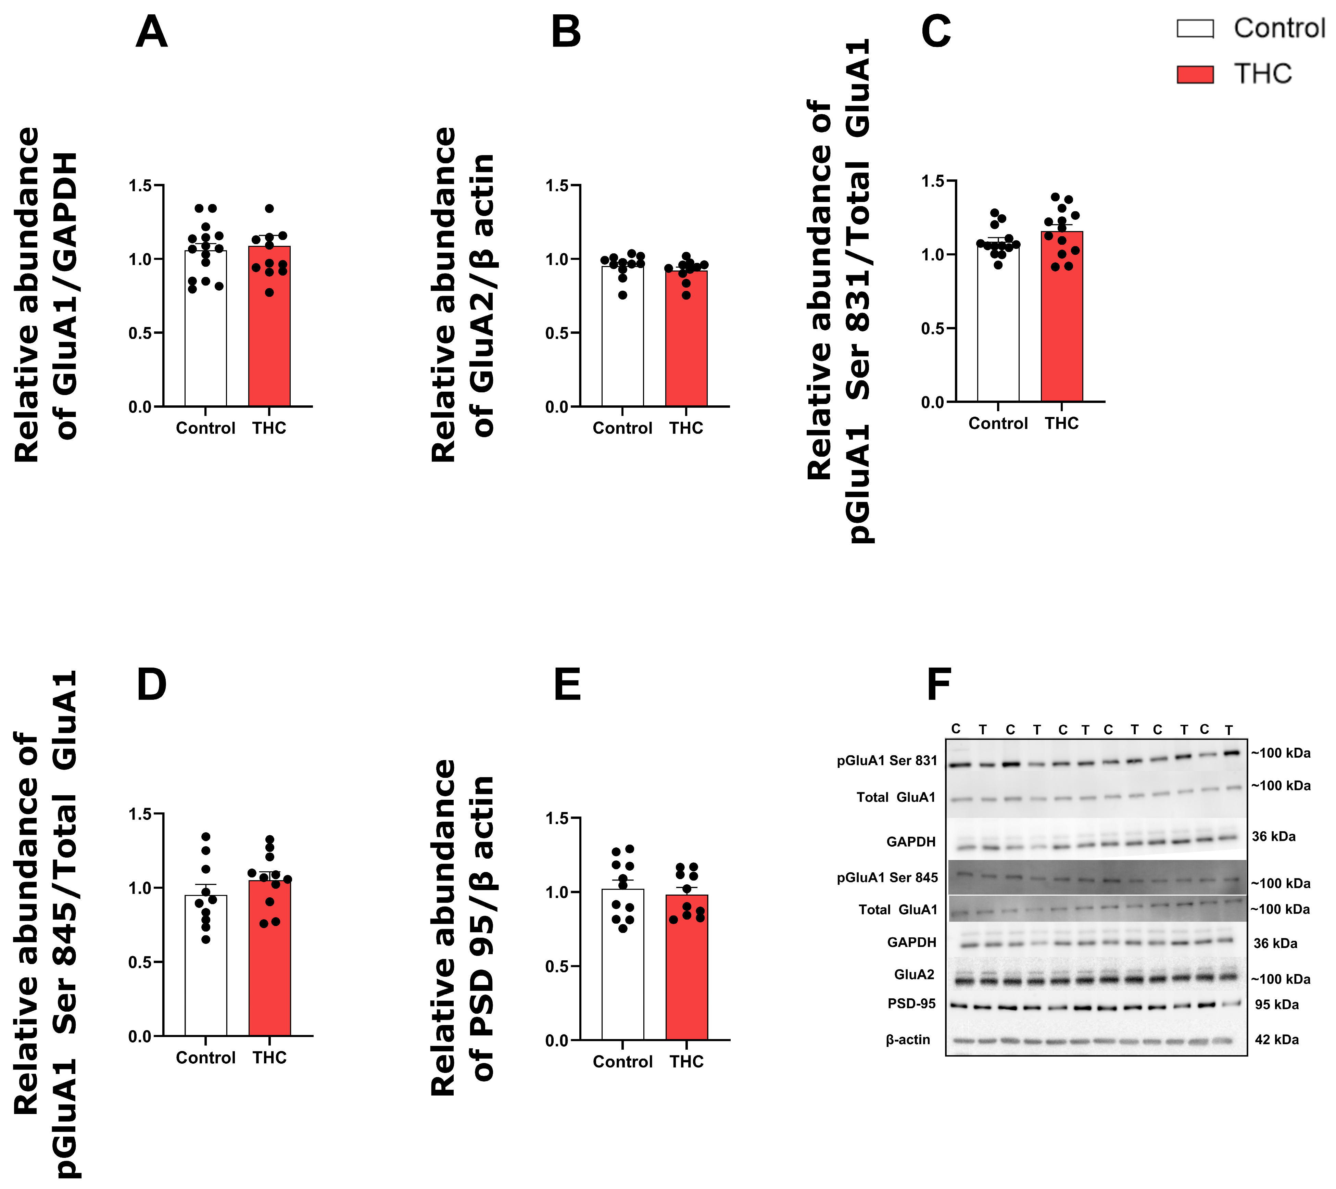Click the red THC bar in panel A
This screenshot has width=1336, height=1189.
pyautogui.click(x=269, y=326)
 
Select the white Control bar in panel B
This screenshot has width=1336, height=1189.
pyautogui.click(x=622, y=336)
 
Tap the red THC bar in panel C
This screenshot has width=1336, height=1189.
pyautogui.click(x=1061, y=316)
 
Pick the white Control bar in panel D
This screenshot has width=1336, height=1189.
pyautogui.click(x=206, y=965)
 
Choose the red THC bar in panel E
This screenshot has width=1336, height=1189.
pyautogui.click(x=686, y=967)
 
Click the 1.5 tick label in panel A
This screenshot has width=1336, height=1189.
pyautogui.click(x=140, y=186)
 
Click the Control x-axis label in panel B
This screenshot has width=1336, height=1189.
pyautogui.click(x=622, y=428)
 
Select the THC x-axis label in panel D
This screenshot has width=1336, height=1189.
pyautogui.click(x=269, y=1058)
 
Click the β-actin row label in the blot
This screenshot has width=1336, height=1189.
pyautogui.click(x=908, y=1039)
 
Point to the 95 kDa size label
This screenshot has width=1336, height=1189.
pyautogui.click(x=1276, y=1005)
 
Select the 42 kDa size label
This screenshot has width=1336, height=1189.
pyautogui.click(x=1276, y=1039)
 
